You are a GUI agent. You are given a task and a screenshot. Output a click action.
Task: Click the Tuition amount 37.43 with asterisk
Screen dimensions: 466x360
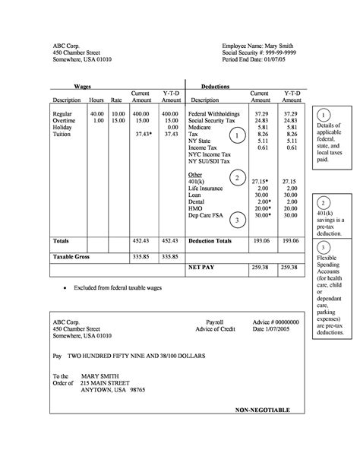pos(144,135)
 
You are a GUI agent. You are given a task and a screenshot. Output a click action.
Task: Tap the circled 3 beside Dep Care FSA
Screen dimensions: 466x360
pos(238,220)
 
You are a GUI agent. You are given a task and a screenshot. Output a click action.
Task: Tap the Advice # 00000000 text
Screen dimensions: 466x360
pos(276,322)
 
